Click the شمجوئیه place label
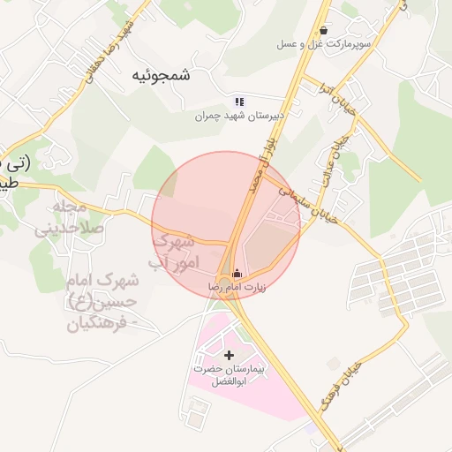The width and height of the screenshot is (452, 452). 161,75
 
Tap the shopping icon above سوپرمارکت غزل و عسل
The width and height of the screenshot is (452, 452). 325,29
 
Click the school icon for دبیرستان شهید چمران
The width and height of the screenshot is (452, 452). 239,102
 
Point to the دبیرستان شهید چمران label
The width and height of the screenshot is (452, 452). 242,116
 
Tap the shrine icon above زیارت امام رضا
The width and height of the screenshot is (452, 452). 236,274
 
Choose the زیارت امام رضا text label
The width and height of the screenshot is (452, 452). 236,287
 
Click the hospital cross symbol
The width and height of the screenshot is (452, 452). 230,355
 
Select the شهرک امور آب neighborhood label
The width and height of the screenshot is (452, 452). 177,251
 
